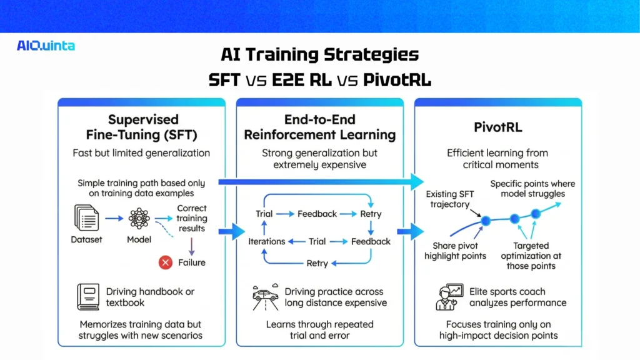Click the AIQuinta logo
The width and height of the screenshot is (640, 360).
tap(46, 45)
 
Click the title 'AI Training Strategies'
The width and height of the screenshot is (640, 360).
tap(319, 54)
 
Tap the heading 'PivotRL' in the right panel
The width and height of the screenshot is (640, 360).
tap(497, 127)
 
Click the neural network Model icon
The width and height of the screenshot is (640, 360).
tap(139, 219)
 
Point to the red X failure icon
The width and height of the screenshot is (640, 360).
tap(166, 262)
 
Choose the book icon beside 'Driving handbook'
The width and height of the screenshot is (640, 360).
tap(87, 296)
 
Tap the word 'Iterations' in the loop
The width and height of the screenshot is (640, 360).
tap(267, 241)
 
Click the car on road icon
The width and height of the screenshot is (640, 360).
tap(264, 296)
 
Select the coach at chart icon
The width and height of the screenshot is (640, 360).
tap(449, 297)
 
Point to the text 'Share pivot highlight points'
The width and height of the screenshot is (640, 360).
tap(455, 251)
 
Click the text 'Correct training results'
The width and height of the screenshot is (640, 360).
tap(191, 218)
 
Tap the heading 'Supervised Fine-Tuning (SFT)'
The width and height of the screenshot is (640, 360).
tap(143, 126)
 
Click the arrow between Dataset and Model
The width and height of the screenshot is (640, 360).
tap(112, 219)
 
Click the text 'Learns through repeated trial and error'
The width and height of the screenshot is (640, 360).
tap(319, 329)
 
